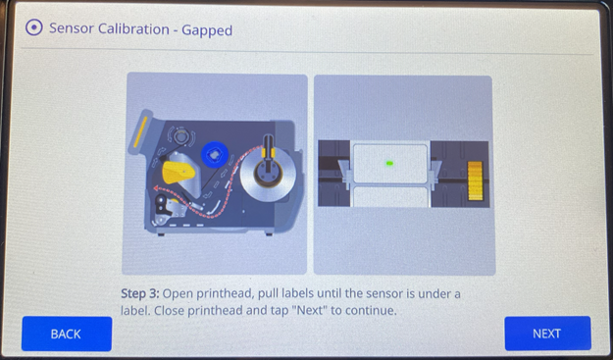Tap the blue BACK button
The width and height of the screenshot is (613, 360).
point(67,334)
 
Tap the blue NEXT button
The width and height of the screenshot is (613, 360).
point(547,334)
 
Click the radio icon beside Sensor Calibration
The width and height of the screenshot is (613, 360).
point(34,28)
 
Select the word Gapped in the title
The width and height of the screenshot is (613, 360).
point(207,30)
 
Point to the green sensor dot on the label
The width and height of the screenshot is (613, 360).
point(389,164)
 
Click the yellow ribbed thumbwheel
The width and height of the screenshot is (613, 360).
point(475,180)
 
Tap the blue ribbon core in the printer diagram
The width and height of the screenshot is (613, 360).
point(214,154)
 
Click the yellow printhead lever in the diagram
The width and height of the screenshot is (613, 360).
point(178,172)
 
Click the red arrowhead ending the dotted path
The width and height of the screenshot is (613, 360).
point(156,188)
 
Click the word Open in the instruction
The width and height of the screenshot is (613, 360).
point(176,294)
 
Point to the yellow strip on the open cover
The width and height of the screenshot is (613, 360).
point(140,131)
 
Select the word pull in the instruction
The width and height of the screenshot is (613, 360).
point(268,294)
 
